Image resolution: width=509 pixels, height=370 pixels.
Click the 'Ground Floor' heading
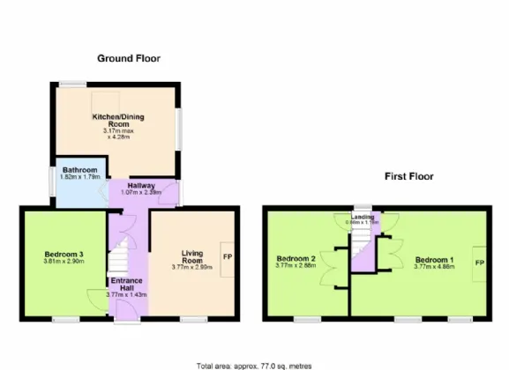[128, 58]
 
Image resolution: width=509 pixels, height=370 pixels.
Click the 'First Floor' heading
[408, 176]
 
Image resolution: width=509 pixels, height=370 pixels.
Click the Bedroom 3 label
[63, 255]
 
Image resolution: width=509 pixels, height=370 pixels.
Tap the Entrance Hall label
[125, 285]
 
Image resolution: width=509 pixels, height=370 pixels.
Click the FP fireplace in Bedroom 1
[481, 263]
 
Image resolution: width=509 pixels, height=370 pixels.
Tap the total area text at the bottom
[254, 364]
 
